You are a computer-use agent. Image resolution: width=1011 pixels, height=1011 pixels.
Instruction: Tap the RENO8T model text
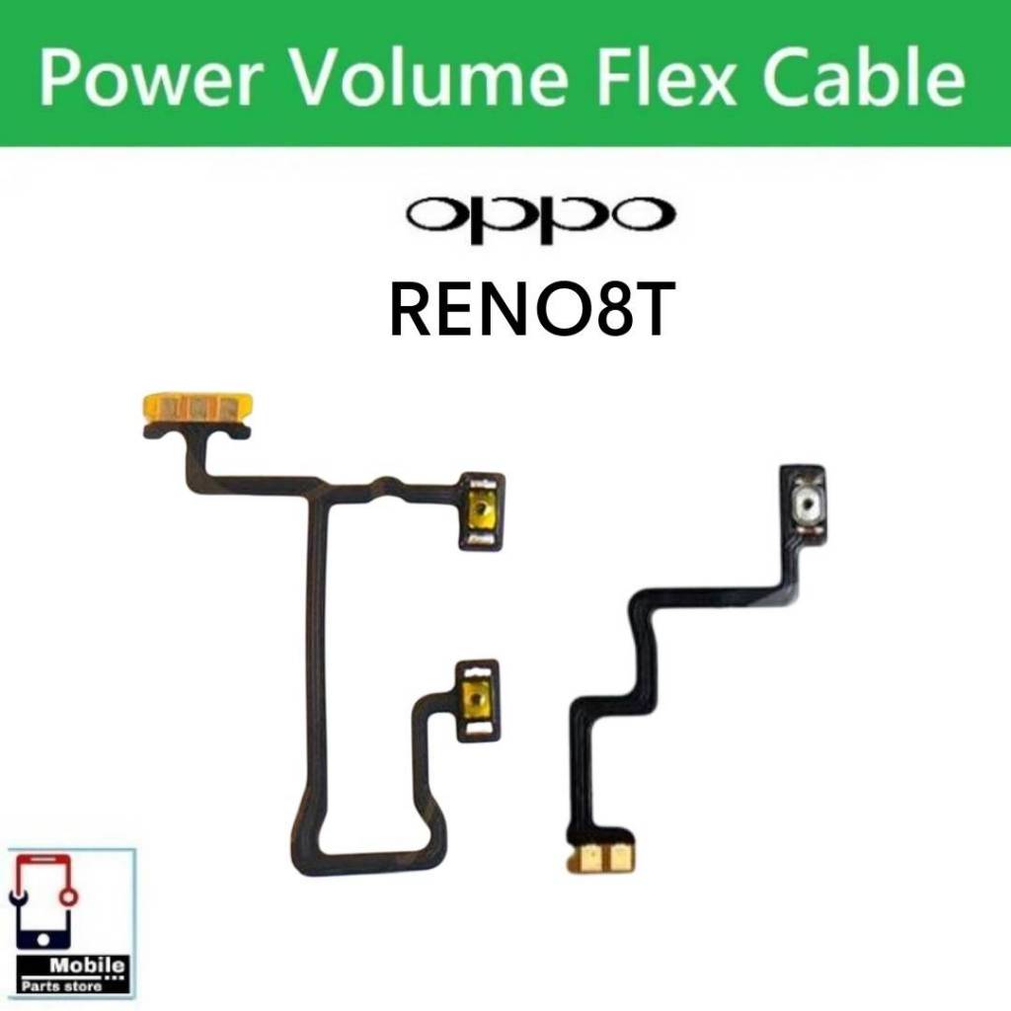532,310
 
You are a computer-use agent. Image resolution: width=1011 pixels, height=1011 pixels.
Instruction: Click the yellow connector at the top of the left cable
197,407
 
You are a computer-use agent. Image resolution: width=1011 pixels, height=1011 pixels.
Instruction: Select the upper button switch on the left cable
481,512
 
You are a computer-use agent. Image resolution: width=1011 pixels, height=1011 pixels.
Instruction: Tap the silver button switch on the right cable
804,503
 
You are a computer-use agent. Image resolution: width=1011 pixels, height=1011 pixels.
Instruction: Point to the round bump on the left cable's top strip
384,485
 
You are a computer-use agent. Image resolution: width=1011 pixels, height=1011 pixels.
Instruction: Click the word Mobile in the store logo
87,966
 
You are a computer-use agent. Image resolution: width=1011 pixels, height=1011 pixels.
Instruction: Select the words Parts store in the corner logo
61,986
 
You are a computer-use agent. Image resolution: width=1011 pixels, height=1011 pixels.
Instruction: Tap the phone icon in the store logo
43,901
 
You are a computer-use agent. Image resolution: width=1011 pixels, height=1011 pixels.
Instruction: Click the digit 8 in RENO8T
610,310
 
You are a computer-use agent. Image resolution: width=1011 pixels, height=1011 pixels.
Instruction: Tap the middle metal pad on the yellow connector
198,406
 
